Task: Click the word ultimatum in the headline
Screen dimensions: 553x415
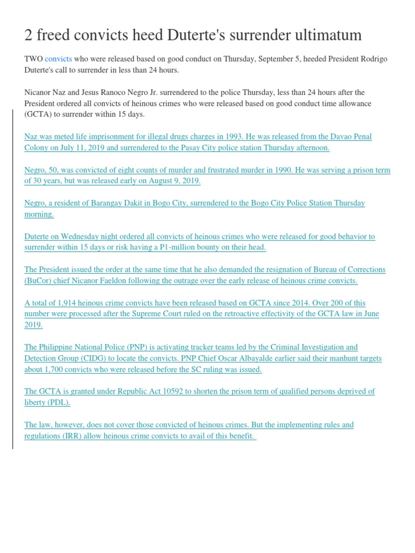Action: (322, 36)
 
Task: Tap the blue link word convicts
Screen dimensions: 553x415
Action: (58, 59)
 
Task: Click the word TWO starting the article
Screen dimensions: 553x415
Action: (34, 59)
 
